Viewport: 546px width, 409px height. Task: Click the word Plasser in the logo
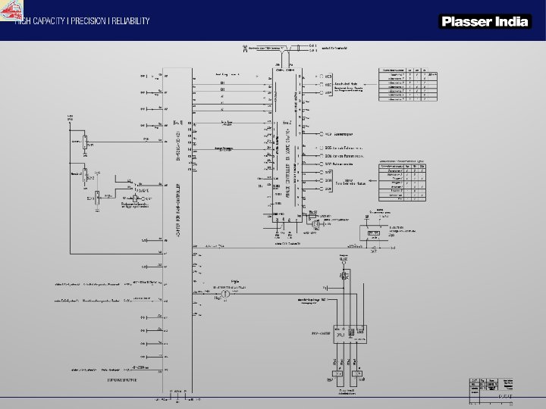click(467, 22)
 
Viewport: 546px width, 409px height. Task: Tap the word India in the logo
click(512, 22)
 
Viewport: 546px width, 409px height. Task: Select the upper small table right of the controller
click(409, 84)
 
